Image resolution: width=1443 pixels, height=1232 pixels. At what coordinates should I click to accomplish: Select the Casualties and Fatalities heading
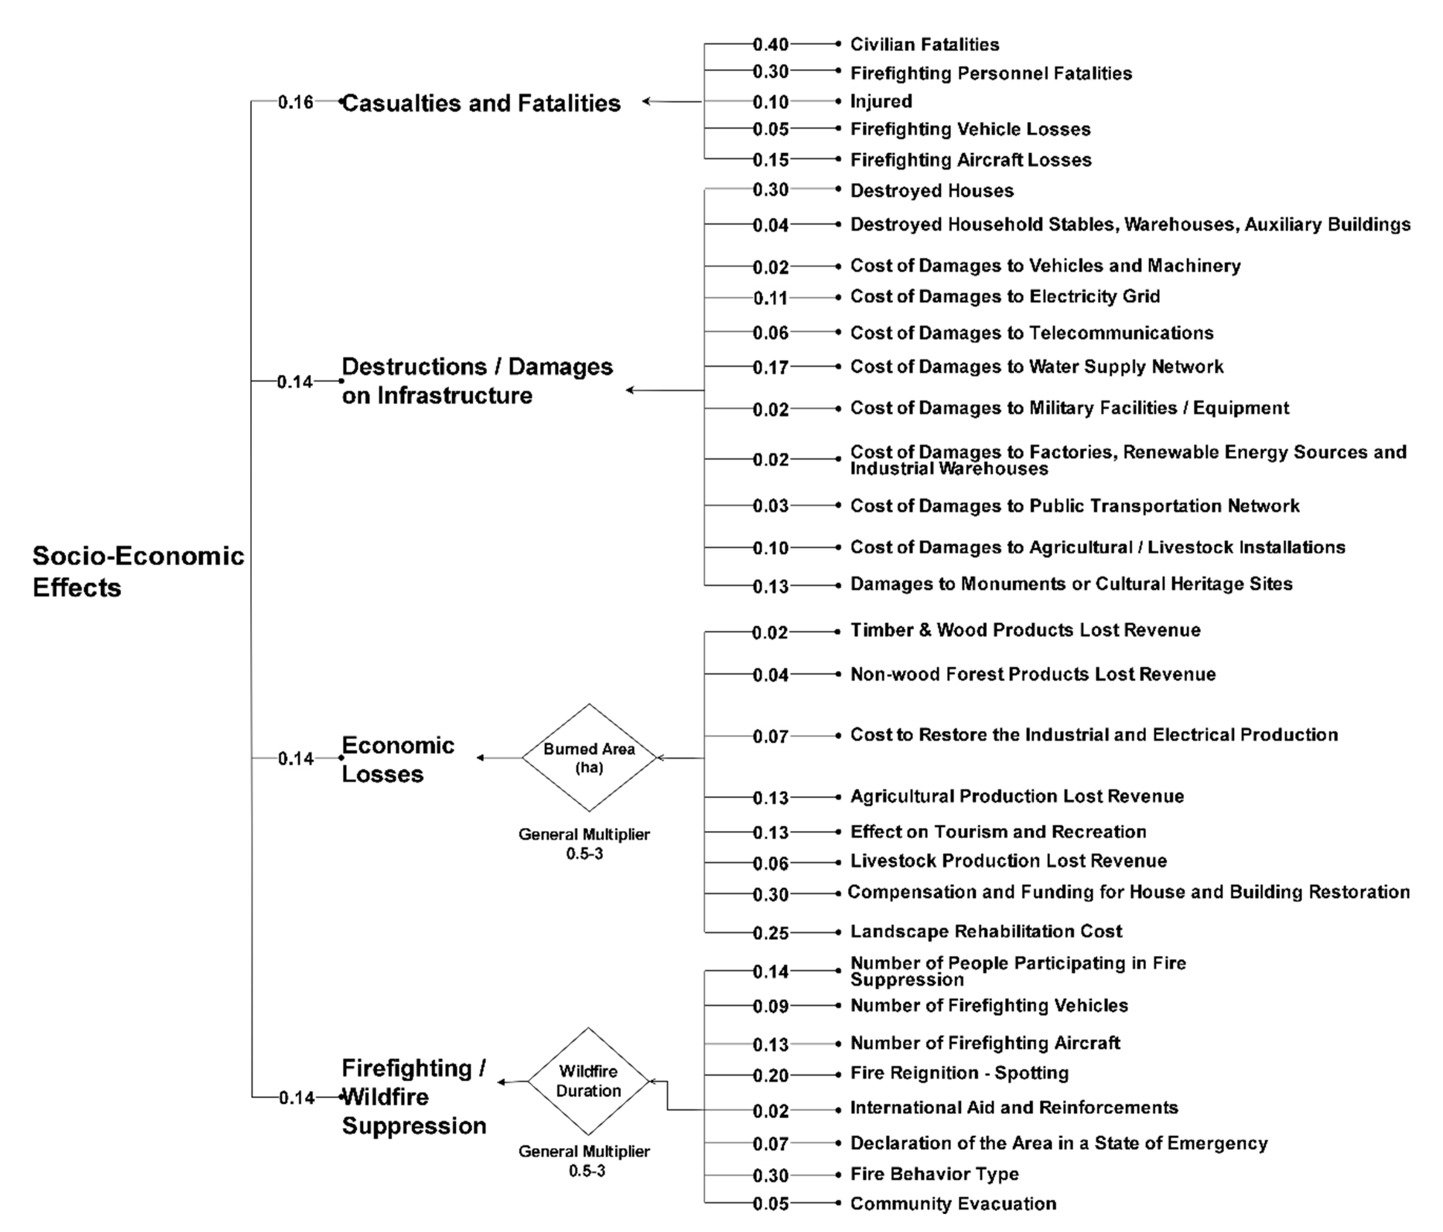[480, 103]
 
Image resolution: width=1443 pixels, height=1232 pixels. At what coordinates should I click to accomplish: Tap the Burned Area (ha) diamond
[589, 758]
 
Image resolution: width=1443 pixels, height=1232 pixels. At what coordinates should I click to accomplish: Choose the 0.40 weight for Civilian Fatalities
[770, 44]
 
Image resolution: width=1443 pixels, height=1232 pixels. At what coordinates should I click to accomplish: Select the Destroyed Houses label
[931, 191]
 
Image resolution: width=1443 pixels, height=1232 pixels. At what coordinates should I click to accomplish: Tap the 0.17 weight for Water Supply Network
[770, 367]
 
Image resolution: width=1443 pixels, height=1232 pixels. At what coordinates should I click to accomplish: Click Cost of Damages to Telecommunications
[1031, 333]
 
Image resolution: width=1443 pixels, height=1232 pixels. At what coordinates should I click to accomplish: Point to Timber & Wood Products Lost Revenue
[1025, 630]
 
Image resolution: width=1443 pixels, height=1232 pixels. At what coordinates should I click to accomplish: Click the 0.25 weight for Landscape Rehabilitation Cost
[770, 933]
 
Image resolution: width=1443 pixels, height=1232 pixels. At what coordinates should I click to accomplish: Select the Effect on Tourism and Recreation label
[998, 831]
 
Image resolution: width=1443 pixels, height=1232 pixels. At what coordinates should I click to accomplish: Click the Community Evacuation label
[953, 1204]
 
